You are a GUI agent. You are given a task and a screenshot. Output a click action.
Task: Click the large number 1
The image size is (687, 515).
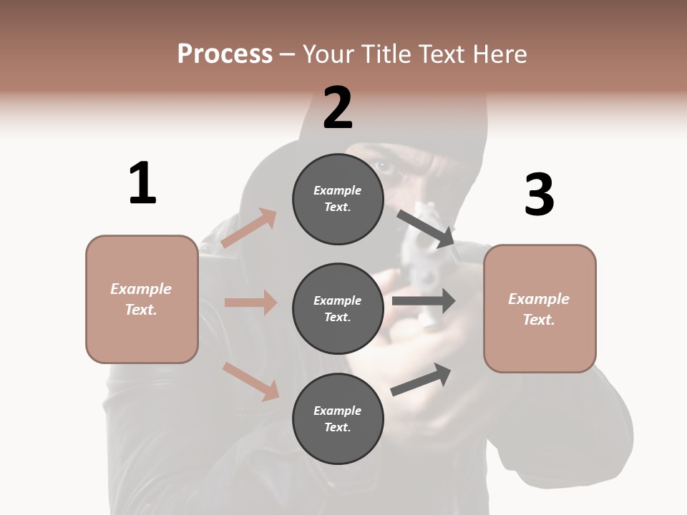[142, 184]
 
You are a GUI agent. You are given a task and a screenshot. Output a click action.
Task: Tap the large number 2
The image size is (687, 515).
[338, 108]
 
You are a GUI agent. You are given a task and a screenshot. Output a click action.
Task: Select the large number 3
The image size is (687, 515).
[539, 195]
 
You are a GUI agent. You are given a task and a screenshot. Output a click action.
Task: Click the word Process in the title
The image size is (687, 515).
[225, 54]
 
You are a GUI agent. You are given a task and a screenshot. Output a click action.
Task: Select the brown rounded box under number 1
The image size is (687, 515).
[142, 299]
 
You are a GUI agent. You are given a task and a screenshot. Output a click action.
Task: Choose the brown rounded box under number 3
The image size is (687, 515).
[540, 309]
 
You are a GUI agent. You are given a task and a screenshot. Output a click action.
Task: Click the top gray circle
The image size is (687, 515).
[338, 199]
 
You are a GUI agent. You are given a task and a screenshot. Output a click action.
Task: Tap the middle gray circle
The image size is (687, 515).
[338, 308]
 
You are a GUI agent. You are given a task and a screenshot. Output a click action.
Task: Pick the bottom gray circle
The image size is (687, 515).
[338, 418]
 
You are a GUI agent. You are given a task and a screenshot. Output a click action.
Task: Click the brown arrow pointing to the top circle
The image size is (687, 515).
[249, 227]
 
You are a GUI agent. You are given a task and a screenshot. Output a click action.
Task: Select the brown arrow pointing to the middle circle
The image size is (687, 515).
[250, 303]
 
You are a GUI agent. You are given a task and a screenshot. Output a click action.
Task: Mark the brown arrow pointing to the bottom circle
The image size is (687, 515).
[250, 381]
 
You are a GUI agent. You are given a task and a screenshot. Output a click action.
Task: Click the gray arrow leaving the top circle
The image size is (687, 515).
[427, 228]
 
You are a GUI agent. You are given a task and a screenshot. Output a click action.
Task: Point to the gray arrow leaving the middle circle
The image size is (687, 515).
[424, 301]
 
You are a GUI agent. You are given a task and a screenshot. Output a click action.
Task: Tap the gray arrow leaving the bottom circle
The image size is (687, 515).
[422, 380]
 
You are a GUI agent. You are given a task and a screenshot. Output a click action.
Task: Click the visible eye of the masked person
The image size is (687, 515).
[385, 168]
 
